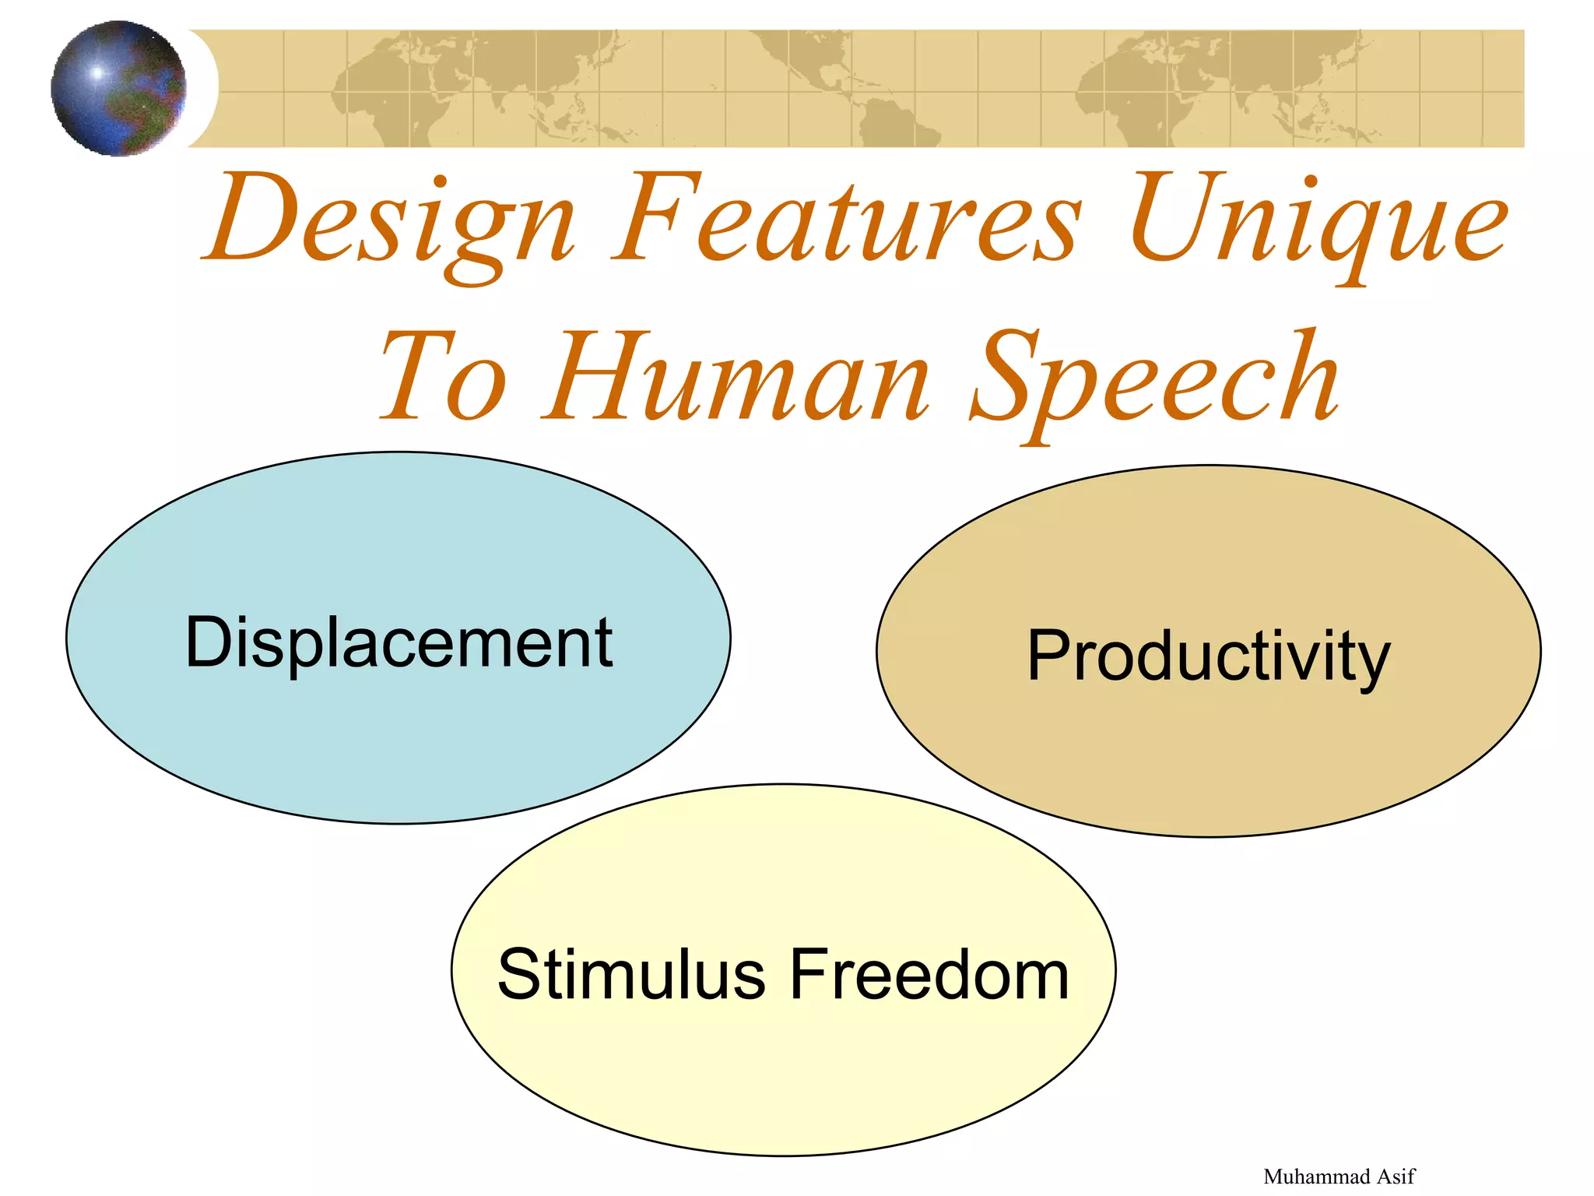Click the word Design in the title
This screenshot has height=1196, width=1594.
point(389,222)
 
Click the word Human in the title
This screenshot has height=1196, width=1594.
point(736,378)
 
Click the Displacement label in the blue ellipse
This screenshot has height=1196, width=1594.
point(398,643)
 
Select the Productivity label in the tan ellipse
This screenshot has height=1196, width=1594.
point(1208,656)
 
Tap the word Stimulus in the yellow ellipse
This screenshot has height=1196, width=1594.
point(631,975)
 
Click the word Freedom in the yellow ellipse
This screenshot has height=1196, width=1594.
point(929,975)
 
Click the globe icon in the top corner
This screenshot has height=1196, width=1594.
point(118,88)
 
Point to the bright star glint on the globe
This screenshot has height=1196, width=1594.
point(97,73)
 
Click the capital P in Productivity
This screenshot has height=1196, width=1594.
point(1050,656)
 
